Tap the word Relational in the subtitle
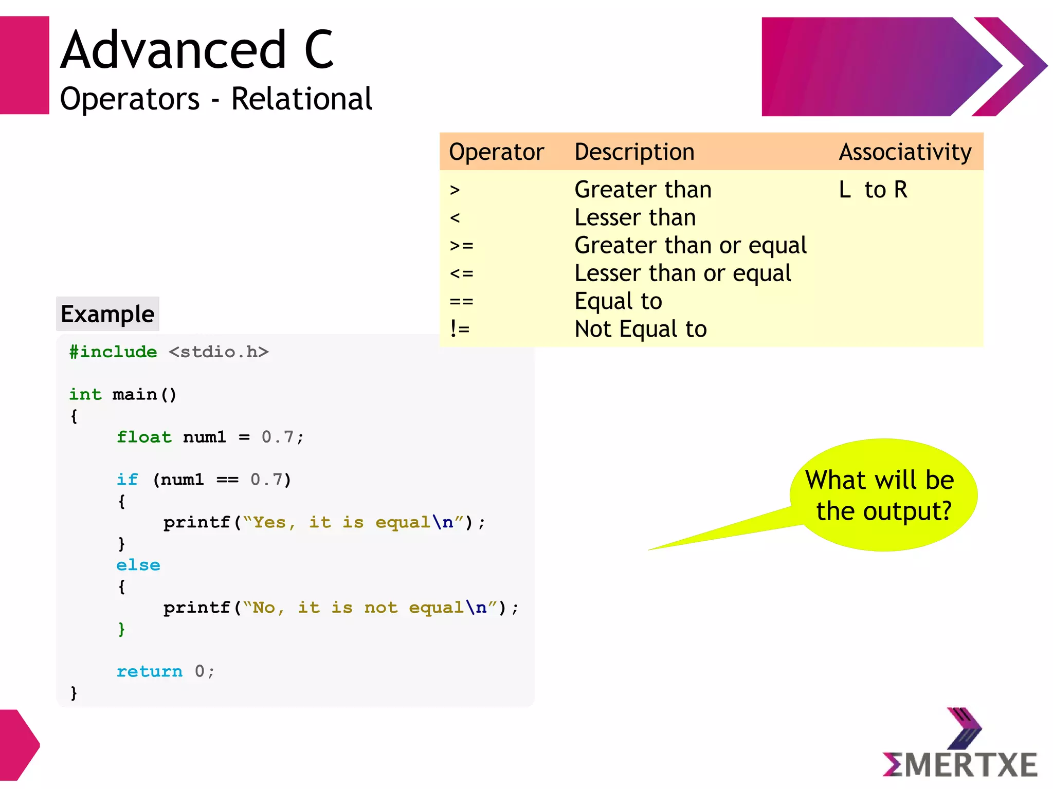coord(301,99)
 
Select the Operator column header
coord(496,152)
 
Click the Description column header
coord(634,152)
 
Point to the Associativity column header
coord(905,152)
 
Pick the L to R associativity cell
coord(873,190)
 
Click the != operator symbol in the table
coord(459,329)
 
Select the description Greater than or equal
coord(690,245)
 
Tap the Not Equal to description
coord(640,329)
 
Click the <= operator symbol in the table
coord(461,273)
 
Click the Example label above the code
coord(107,314)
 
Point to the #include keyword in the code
coord(113,352)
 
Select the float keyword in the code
coord(144,437)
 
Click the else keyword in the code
coord(138,565)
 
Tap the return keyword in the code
coord(149,671)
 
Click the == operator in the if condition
coord(227,480)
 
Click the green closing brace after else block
coord(121,629)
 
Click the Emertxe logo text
coord(960,765)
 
